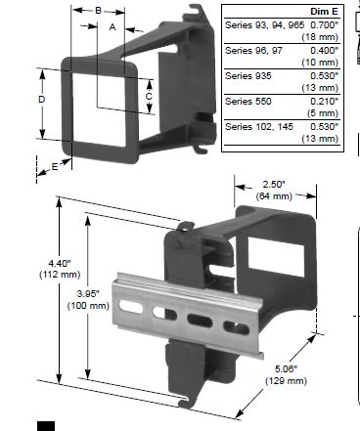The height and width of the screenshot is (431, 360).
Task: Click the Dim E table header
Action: point(324,12)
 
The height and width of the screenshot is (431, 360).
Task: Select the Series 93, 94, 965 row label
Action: point(264,24)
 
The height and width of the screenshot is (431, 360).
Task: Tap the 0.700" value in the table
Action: point(325,24)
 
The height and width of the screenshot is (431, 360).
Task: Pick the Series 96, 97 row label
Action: point(253,51)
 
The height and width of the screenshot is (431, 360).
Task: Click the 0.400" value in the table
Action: point(325,51)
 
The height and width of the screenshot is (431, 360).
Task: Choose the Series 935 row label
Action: point(248,76)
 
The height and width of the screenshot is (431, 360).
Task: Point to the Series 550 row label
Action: point(248,102)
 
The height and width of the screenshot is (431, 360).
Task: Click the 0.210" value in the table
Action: point(325,102)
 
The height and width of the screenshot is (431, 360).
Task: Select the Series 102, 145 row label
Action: point(259,127)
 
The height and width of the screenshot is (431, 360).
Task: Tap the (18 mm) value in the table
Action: point(320,37)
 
